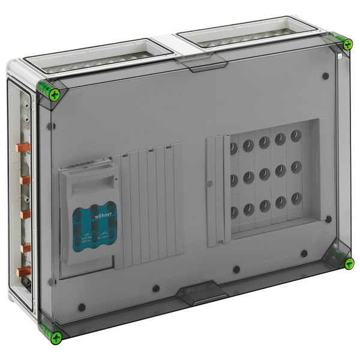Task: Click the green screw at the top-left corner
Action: [x=55, y=93]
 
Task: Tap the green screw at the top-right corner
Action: [x=347, y=44]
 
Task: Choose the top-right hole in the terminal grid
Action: [x=296, y=136]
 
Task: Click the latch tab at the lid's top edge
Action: [x=207, y=66]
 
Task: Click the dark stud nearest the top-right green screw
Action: [x=324, y=77]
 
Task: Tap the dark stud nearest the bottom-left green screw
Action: [x=82, y=307]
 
